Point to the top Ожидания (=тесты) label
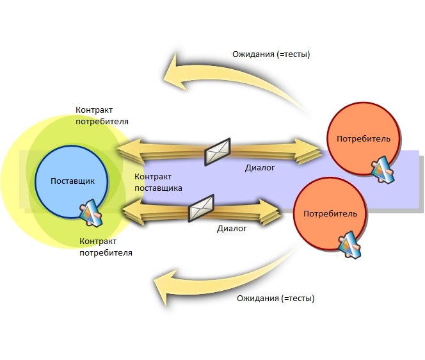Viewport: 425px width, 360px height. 271,54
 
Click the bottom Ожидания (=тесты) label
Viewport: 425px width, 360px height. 275,299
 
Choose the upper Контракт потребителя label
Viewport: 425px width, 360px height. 102,115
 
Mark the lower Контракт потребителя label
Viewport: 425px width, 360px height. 106,247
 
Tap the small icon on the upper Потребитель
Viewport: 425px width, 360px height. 382,167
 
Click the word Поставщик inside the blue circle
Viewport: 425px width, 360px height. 72,181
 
